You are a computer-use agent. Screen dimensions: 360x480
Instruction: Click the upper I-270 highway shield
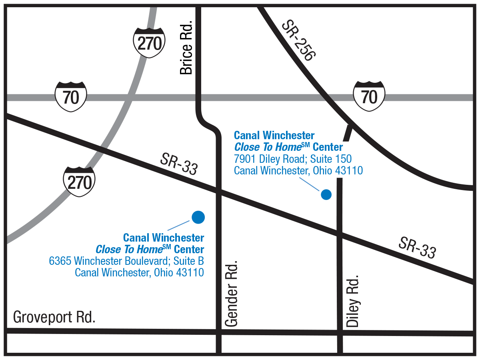point(149,42)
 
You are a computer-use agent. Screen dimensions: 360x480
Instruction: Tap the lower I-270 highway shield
point(80,182)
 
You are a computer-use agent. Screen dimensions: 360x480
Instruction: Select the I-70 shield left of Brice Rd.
point(71,96)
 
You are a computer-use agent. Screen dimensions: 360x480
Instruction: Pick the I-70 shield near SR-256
point(369,96)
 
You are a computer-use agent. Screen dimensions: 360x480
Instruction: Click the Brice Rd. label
point(186,48)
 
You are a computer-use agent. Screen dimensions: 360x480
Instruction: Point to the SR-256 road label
point(298,40)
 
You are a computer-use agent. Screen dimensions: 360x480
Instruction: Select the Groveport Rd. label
point(54,317)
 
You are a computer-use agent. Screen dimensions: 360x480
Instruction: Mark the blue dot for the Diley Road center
point(326,194)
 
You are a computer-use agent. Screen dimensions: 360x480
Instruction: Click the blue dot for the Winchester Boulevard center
point(198,217)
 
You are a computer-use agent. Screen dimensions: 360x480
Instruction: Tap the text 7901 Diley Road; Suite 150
point(293,159)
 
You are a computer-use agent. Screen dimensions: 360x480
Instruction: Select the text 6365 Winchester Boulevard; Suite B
point(126,261)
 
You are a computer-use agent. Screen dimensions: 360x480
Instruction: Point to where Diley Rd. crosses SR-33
point(340,236)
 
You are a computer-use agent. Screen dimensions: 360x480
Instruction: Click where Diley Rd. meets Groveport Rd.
point(340,332)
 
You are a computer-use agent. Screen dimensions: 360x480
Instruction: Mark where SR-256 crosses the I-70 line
point(326,97)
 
